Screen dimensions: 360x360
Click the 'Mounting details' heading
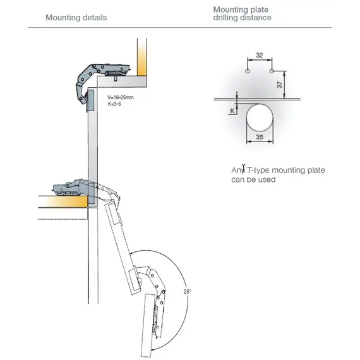pos(76,18)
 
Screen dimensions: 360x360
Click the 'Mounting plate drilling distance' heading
pos(243,13)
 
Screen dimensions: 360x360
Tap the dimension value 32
pos(260,55)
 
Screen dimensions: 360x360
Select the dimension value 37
pos(279,85)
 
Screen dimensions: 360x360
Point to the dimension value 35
pos(260,137)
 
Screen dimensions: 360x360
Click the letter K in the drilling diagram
pos(232,111)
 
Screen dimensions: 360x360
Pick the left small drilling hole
pos(248,71)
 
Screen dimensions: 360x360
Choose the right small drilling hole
pos(272,71)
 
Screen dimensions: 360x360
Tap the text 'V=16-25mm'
pos(121,97)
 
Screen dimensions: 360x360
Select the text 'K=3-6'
pos(114,104)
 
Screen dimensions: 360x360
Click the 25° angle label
pos(187,292)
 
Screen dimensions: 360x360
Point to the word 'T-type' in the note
pos(258,171)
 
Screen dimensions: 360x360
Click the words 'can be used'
pos(253,179)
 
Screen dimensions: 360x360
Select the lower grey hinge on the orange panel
pos(69,188)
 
